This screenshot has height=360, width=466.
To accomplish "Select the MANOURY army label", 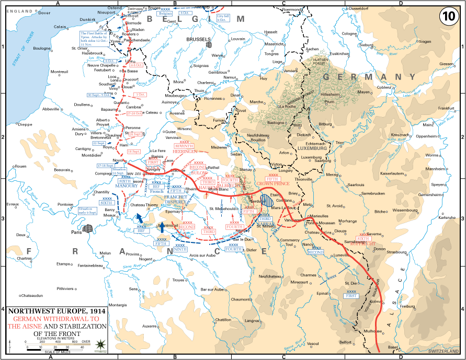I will (127, 186).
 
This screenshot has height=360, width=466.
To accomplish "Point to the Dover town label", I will (46, 13).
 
